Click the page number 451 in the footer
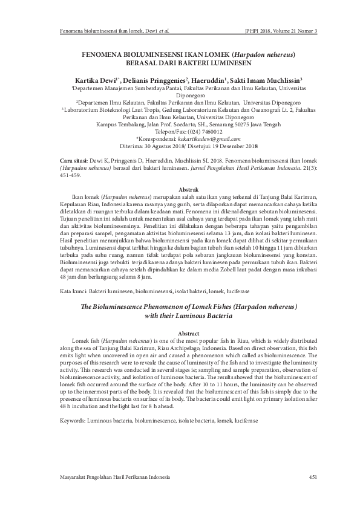tap(313, 478)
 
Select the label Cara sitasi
tap(76, 160)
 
